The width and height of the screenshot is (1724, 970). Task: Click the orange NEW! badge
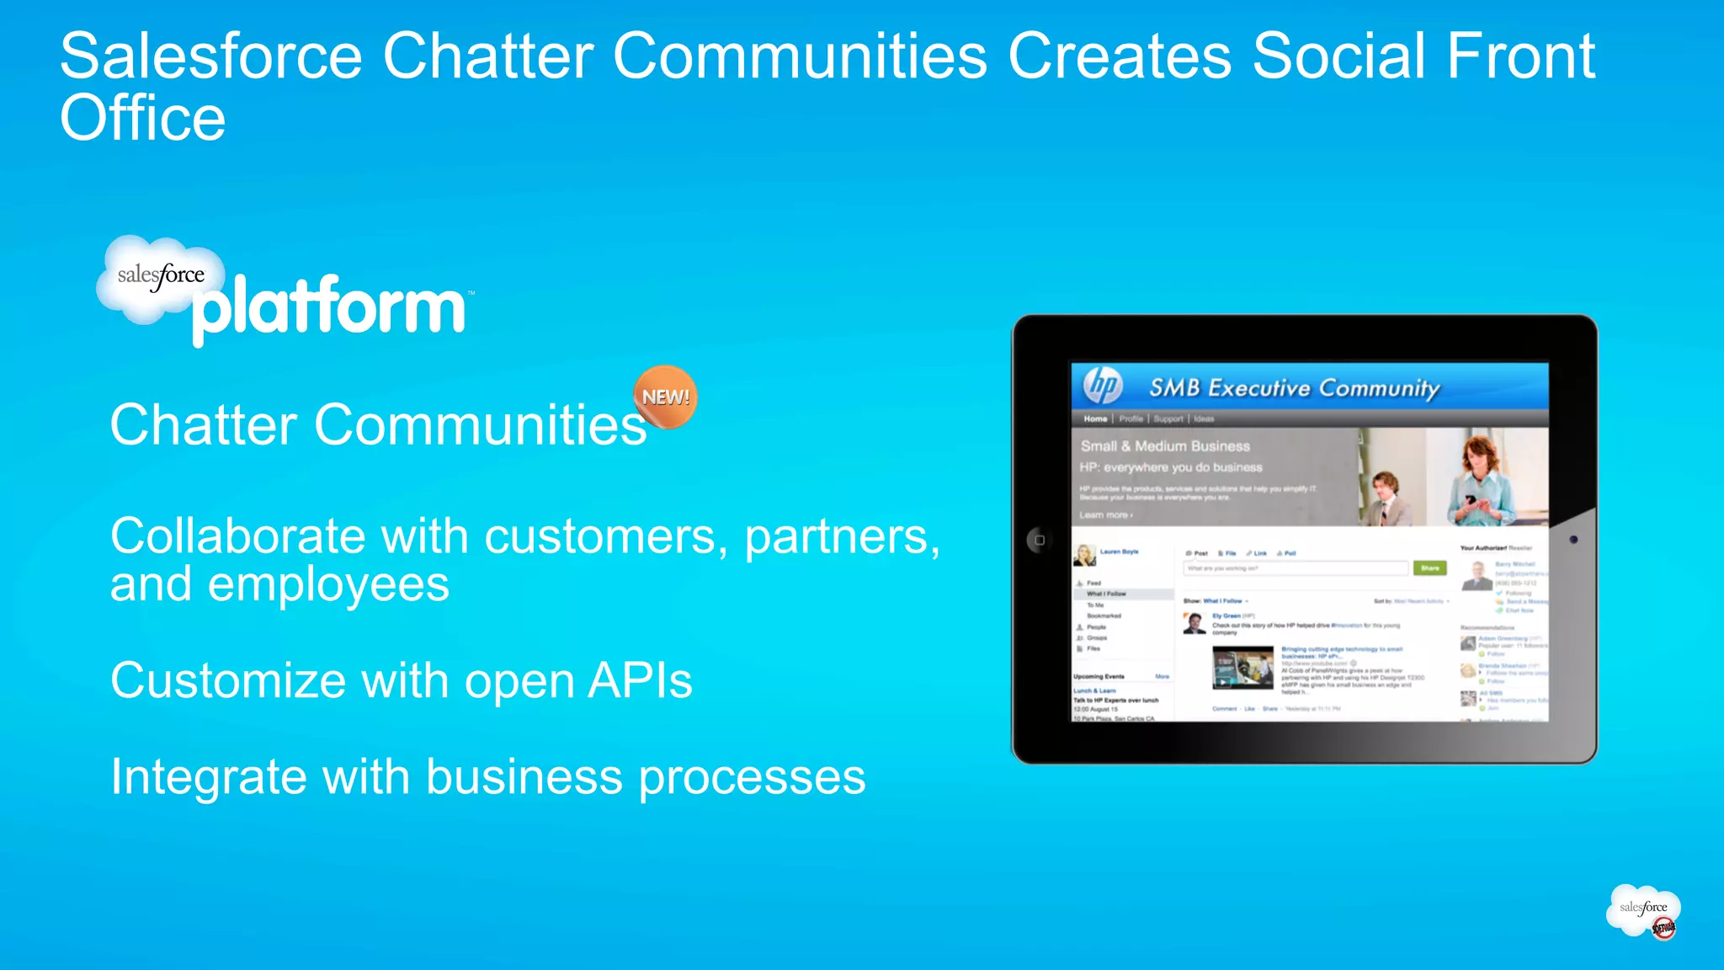pos(665,397)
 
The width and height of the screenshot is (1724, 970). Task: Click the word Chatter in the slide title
pos(488,56)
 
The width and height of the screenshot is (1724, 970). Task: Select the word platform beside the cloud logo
pos(329,308)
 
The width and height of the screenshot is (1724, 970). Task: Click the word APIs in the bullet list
pos(640,680)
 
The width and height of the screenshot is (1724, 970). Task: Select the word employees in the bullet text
pos(328,584)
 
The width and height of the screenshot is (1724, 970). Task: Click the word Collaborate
pos(236,536)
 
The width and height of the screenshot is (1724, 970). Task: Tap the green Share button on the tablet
pos(1429,568)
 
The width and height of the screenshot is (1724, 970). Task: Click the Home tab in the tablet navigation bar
pos(1095,418)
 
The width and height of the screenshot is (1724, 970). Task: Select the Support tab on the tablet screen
pos(1168,418)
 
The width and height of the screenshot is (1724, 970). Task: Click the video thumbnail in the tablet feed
pos(1242,668)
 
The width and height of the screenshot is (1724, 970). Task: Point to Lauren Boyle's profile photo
pos(1084,555)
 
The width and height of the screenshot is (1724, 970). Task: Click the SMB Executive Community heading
pos(1294,388)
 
